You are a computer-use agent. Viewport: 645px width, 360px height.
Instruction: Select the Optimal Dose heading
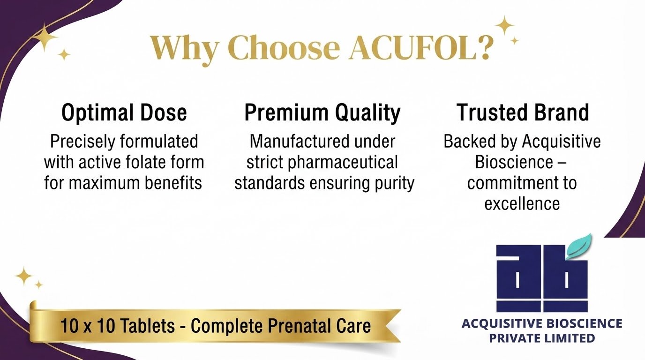pos(124,112)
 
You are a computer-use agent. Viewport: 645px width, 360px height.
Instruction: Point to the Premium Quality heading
pos(322,113)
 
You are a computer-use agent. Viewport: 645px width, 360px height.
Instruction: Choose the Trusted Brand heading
pos(523,112)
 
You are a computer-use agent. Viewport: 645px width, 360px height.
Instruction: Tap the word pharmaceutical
pos(343,163)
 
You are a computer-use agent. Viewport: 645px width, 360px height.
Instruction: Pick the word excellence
pos(522,204)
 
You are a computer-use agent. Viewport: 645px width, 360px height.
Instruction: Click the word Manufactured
pos(300,142)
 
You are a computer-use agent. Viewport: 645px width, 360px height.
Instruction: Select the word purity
pos(395,184)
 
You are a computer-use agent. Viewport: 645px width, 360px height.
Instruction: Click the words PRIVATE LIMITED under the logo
pos(542,338)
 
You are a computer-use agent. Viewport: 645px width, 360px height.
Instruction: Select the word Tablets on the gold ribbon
pos(147,326)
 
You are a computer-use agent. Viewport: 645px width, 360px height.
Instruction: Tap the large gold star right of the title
pos(504,26)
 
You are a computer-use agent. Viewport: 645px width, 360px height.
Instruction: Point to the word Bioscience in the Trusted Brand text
pos(514,162)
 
